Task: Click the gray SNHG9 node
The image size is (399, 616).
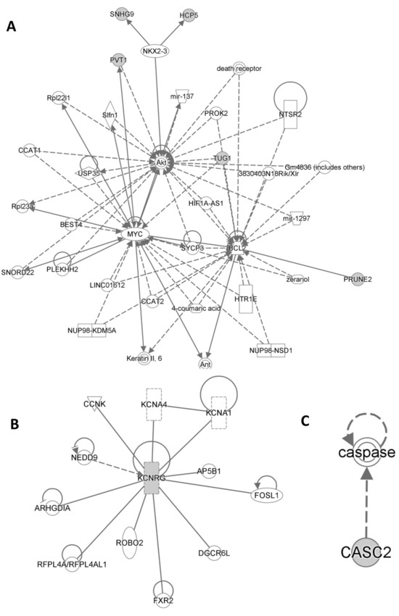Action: [x=118, y=14]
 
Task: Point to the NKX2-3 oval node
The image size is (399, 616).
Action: [x=156, y=51]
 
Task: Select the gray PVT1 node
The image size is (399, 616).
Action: [x=117, y=60]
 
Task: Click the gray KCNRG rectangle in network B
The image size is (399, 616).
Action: [x=151, y=479]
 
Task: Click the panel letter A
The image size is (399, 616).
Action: [x=12, y=27]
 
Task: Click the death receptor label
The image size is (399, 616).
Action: [x=238, y=69]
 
